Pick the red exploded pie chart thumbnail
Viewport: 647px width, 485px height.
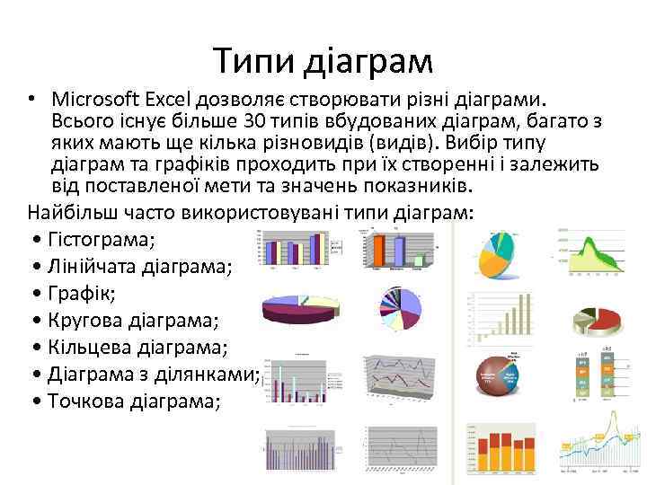[x=598, y=319]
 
